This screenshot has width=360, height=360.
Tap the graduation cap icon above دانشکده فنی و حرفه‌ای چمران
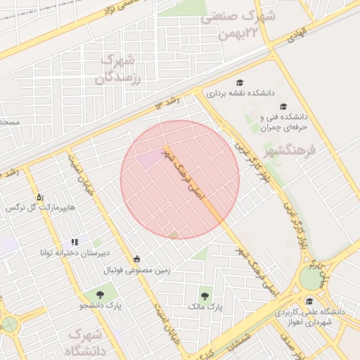283,106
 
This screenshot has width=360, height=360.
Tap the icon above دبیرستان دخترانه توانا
75,241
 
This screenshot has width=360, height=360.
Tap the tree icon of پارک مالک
205,296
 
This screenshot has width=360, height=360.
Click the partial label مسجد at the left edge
10,122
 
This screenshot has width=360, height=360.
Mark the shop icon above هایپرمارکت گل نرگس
39,196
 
